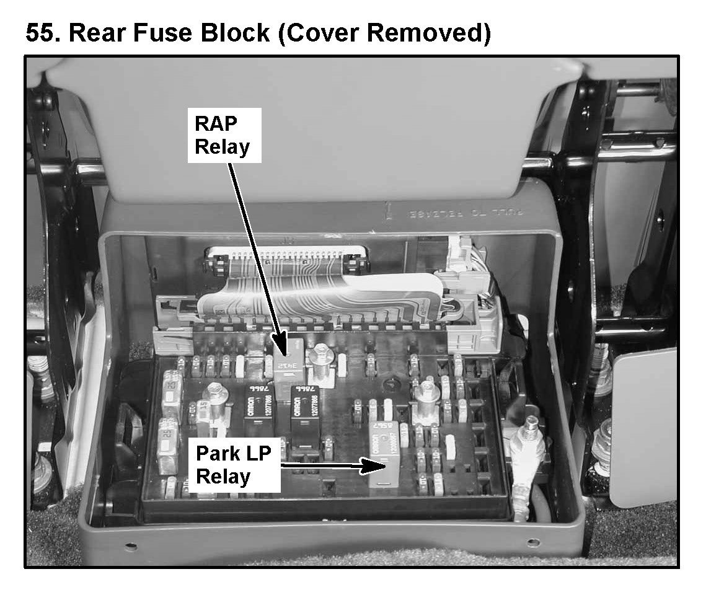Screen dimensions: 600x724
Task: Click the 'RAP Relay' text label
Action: [224, 136]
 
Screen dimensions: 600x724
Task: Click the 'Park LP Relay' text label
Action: [233, 465]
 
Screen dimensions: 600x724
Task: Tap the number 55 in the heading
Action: [43, 32]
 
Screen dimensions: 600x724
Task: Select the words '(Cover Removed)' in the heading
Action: [384, 32]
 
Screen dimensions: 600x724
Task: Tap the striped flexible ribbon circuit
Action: [322, 291]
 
